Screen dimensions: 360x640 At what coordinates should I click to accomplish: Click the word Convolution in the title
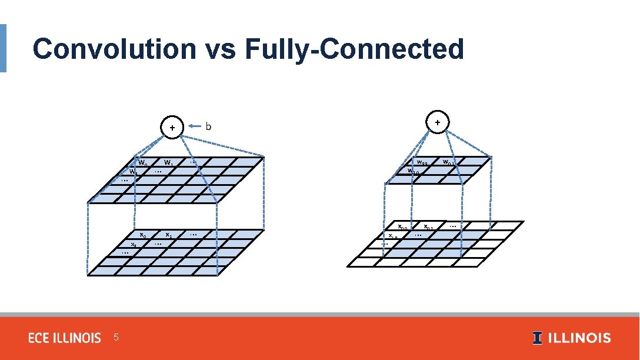114,49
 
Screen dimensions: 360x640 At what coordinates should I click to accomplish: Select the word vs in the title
219,49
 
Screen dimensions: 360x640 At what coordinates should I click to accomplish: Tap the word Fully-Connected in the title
354,49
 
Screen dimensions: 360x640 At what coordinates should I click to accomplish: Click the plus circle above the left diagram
172,126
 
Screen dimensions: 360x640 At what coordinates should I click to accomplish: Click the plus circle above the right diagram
438,122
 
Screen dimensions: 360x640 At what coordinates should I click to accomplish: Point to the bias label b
208,126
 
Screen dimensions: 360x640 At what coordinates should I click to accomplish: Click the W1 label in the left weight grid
168,163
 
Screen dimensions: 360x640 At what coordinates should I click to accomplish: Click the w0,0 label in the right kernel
422,162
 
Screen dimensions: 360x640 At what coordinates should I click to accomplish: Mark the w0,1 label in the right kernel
448,162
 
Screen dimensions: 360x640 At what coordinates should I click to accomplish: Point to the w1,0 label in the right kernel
413,171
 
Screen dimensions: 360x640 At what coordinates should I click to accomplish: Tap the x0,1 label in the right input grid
429,227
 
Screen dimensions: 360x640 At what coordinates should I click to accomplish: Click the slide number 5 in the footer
116,337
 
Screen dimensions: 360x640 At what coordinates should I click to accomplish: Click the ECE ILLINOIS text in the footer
65,338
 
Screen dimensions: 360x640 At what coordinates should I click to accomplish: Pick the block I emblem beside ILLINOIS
538,338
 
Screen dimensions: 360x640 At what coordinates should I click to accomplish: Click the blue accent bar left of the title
3,48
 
